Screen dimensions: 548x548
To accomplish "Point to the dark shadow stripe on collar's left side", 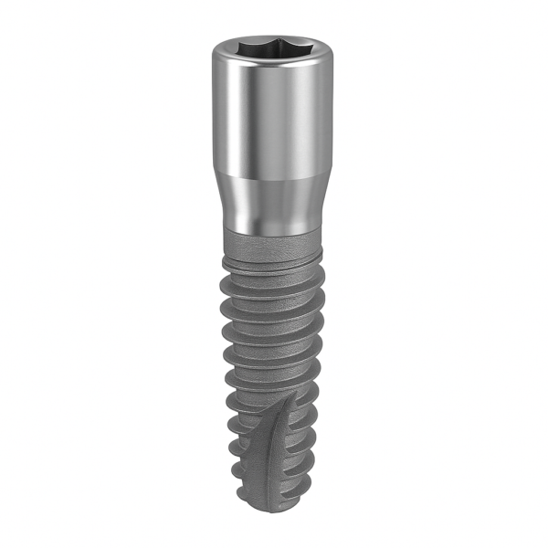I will (225, 119).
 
